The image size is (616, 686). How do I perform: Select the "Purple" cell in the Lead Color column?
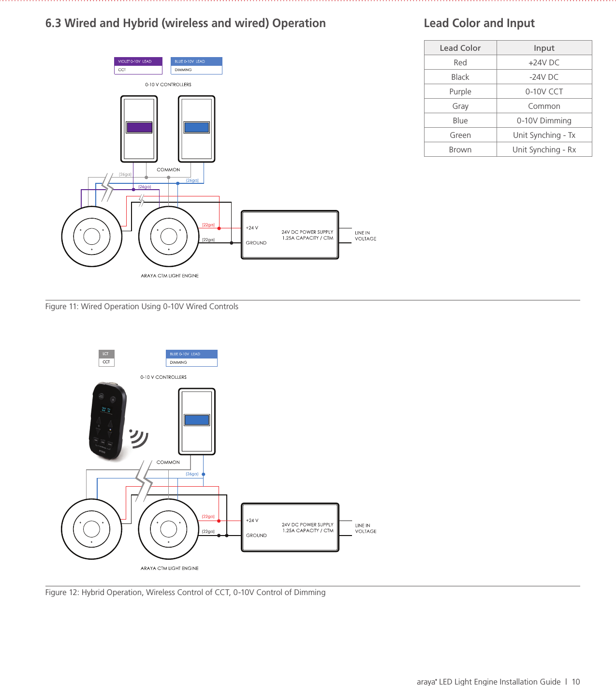click(x=460, y=91)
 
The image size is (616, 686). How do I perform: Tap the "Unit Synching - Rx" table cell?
click(x=544, y=149)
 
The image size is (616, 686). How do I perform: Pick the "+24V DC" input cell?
click(x=544, y=62)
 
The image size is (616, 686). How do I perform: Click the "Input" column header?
click(x=544, y=48)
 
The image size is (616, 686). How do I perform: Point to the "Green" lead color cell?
click(x=460, y=135)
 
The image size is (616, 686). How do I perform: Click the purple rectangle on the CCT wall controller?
click(x=139, y=127)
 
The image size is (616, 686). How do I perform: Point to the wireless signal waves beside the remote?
click(x=139, y=438)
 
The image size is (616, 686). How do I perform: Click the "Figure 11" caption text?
click(x=142, y=306)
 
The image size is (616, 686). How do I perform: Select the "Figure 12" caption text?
click(x=185, y=592)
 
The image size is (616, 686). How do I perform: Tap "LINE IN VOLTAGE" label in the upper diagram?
click(x=365, y=236)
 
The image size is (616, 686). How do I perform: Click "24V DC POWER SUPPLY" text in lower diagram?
click(x=308, y=524)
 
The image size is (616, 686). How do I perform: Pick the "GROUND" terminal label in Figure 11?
click(x=256, y=243)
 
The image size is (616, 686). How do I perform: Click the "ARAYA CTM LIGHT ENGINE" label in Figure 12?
click(x=169, y=568)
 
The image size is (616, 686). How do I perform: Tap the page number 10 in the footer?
click(x=575, y=682)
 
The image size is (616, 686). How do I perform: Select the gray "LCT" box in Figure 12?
click(x=106, y=354)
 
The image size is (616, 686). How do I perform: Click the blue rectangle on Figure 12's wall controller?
click(x=197, y=419)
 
